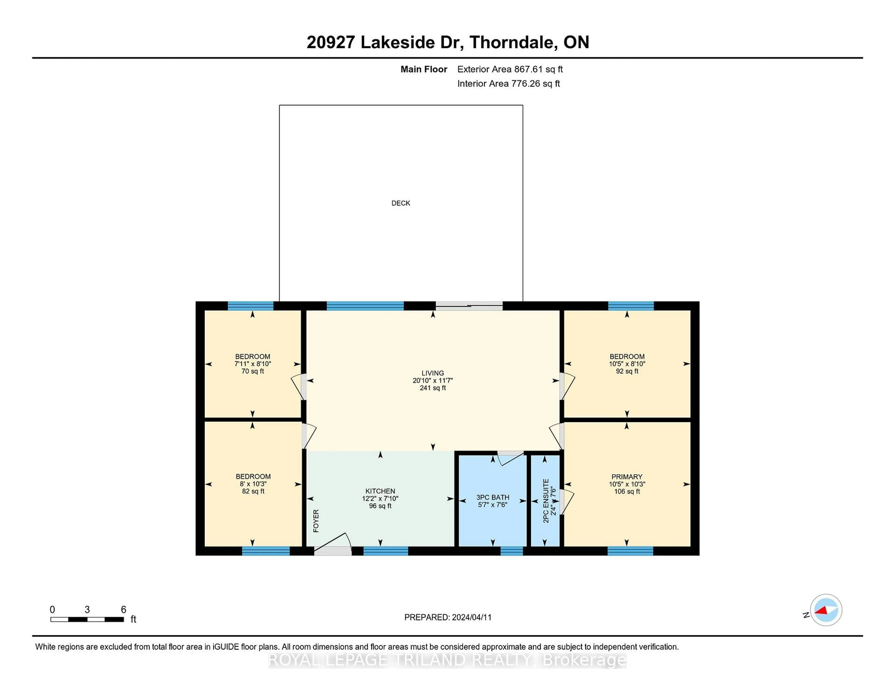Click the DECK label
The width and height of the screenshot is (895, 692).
click(400, 203)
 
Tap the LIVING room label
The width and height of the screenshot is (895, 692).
click(432, 373)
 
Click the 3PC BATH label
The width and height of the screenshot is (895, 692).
click(492, 497)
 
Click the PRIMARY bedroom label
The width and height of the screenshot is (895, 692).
click(626, 477)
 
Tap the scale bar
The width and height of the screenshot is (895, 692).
click(87, 619)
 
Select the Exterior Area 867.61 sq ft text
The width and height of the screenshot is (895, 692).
click(510, 69)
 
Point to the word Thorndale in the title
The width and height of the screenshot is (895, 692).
click(513, 42)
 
